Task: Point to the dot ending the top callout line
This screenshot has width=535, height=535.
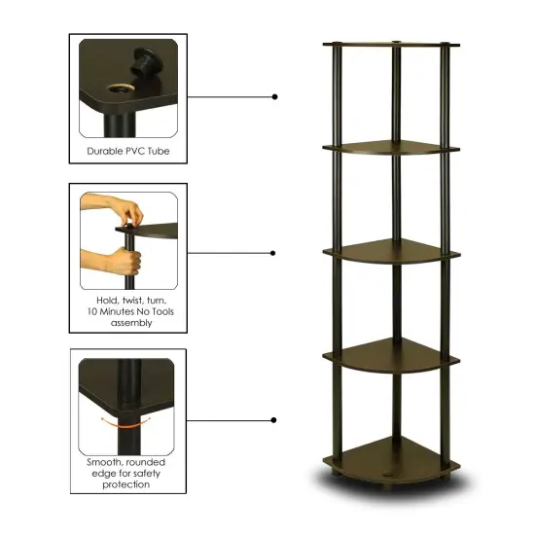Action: point(275,96)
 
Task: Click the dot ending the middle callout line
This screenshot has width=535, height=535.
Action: point(275,253)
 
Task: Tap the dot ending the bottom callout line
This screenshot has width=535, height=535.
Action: point(275,420)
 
